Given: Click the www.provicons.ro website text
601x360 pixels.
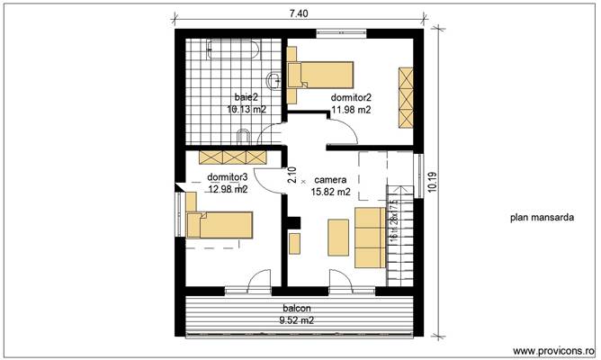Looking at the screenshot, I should coord(552,350).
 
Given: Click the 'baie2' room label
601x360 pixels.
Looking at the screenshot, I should coord(246,96).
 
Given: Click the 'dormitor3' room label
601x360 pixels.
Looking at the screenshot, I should coord(227,177).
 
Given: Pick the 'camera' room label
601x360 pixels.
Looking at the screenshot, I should coord(329,180).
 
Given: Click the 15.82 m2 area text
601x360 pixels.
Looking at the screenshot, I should coord(330,192).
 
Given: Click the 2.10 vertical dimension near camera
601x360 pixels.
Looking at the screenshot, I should coord(292,175).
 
